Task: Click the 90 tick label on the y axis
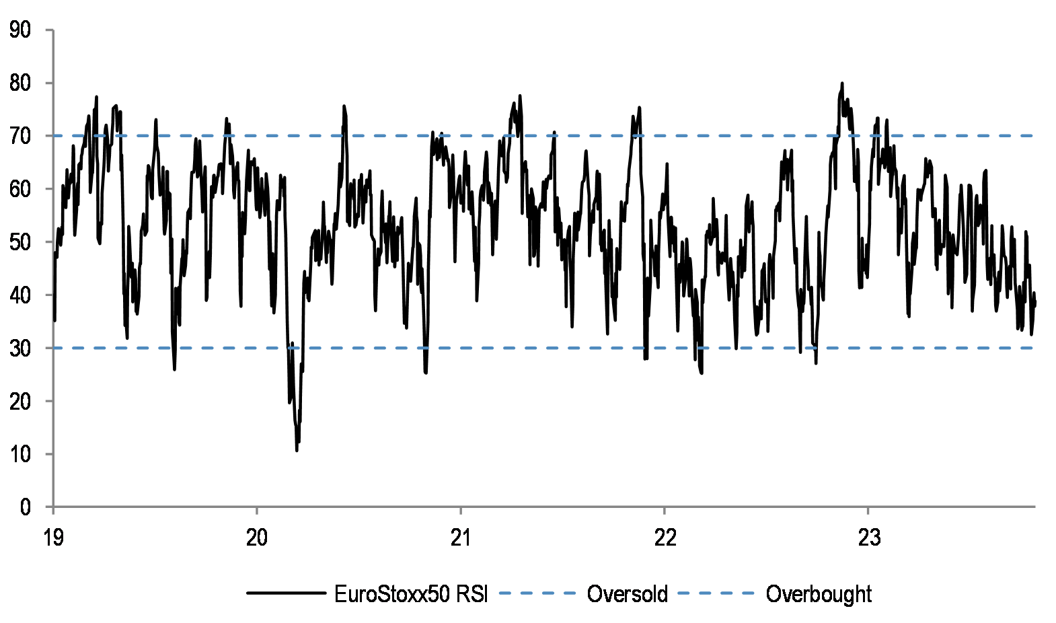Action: point(20,30)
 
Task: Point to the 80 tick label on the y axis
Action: point(20,83)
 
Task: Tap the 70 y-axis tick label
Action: point(20,136)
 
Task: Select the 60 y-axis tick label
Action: point(20,189)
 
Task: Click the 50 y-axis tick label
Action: point(20,242)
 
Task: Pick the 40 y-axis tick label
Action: point(20,295)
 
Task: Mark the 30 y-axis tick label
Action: point(20,349)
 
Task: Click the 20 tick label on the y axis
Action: point(20,402)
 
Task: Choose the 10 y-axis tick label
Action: point(20,455)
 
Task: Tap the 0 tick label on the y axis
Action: point(26,507)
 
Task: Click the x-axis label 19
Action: point(53,538)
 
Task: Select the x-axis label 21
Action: point(461,538)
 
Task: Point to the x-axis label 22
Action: point(665,538)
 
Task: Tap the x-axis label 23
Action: point(868,538)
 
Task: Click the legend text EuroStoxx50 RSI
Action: point(411,594)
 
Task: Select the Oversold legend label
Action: point(627,594)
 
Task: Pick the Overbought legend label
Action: point(819,594)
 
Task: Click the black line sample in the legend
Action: point(286,593)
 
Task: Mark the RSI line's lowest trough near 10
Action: point(297,450)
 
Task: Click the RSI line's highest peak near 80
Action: point(842,83)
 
